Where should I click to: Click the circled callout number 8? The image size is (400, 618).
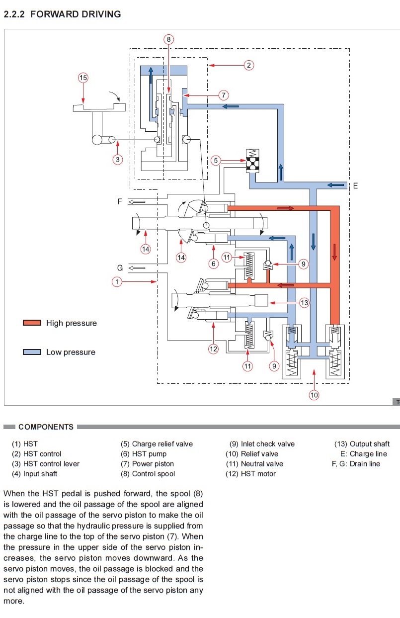coord(169,39)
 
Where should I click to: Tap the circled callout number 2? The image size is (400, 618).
coord(248,66)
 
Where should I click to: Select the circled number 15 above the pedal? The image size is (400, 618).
coord(83,78)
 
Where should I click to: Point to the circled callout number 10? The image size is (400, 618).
coord(314,395)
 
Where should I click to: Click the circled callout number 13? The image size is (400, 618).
coord(304,303)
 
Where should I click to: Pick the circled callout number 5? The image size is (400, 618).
coord(216,160)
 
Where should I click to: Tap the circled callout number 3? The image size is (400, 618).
coord(118,160)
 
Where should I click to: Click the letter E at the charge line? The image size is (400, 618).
coord(355,186)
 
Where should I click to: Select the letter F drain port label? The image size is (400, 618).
coord(120,201)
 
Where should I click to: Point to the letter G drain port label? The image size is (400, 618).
coord(120,268)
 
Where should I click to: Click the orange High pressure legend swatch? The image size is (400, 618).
coord(32,323)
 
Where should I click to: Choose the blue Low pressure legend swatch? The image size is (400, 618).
coord(32,352)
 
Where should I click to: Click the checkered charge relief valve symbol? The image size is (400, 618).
coord(252,165)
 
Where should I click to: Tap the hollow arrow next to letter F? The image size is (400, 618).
coord(137,202)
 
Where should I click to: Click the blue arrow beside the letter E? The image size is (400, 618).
coord(336,185)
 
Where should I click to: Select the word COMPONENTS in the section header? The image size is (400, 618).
coord(46,427)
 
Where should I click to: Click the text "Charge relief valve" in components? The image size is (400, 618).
coord(162,444)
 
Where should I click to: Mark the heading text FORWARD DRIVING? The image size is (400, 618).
coord(76,14)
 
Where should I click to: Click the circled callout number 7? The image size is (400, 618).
coord(223,95)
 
